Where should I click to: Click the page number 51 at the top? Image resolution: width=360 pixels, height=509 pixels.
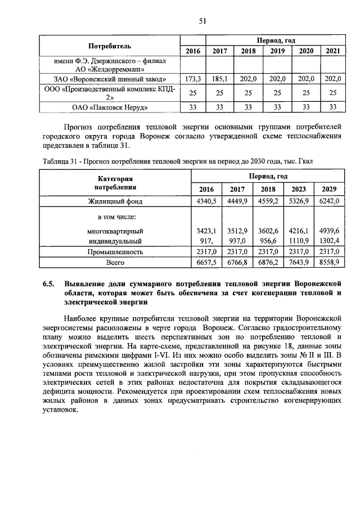tap(203, 21)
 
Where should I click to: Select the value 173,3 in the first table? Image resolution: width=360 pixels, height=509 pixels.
tap(193, 79)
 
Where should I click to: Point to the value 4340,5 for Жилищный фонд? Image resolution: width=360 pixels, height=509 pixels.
tap(207, 201)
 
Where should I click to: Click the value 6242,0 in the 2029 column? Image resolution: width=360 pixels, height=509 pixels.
tap(329, 201)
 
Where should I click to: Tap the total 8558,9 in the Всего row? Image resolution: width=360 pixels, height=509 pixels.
tap(329, 262)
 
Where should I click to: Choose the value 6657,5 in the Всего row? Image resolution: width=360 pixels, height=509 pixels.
tap(207, 262)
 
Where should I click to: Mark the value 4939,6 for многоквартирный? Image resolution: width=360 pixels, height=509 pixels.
tap(329, 231)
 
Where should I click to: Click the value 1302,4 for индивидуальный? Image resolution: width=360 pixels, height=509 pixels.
tap(329, 241)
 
